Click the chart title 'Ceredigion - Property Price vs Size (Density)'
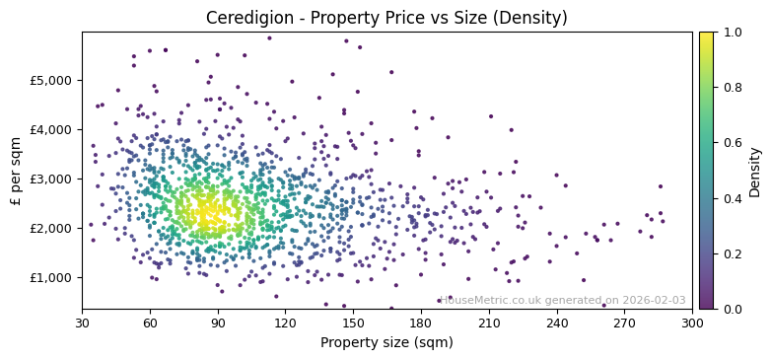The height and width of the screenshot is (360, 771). [x=386, y=18]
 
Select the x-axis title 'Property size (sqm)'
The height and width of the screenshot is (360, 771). [x=386, y=343]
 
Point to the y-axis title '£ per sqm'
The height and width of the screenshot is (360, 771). [x=16, y=171]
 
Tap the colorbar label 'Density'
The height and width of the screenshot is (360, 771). [x=755, y=171]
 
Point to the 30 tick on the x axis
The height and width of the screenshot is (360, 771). [x=82, y=323]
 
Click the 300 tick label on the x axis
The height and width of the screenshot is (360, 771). [x=692, y=323]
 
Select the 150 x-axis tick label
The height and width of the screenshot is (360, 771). [x=353, y=323]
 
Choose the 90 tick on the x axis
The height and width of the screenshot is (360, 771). [x=218, y=323]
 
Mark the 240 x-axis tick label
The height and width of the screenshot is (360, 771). [x=556, y=323]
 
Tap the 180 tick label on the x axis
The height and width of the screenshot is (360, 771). [x=421, y=323]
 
